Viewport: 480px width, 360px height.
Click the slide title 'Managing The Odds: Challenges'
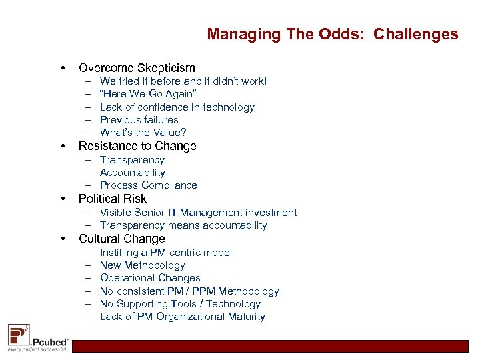332,34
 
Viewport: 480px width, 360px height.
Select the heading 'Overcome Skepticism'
137,68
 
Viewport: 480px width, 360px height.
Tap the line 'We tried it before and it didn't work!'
183,81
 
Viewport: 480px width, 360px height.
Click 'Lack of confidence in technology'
177,107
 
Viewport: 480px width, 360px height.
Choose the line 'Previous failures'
139,120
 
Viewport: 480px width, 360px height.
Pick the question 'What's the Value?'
143,133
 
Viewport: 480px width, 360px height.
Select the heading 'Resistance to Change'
137,146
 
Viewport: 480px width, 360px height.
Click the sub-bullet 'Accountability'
132,173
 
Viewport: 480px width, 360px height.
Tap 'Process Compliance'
148,185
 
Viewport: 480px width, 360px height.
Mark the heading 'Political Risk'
112,199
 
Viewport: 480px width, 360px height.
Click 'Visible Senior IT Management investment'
198,213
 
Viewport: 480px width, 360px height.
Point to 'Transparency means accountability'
183,225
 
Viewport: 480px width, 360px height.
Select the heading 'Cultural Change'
121,239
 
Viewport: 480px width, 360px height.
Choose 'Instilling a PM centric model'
165,253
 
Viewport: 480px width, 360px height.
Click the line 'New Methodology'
142,265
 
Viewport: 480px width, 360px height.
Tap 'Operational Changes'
150,278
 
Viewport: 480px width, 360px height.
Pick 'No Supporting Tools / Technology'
180,304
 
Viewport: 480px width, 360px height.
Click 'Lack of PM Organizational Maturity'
182,317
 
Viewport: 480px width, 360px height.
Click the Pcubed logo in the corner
37,338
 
